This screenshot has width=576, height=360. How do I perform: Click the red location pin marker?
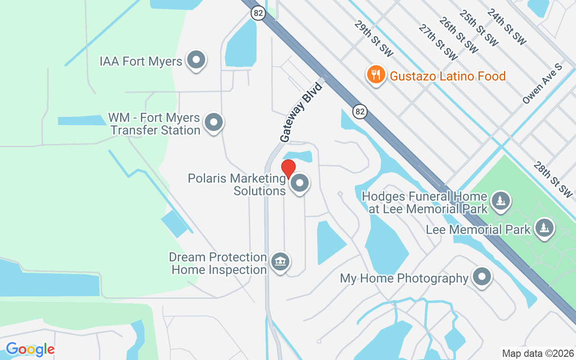point(288,168)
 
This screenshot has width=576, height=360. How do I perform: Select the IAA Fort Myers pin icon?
point(196,60)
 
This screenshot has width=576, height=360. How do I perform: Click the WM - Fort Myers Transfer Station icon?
point(214,122)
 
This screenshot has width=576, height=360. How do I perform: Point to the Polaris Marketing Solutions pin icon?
point(299,183)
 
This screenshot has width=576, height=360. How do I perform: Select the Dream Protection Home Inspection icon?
point(280,261)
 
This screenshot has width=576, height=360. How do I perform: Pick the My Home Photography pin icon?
point(482,277)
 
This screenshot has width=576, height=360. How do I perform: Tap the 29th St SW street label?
point(373,38)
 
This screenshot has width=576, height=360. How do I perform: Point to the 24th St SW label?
point(506,27)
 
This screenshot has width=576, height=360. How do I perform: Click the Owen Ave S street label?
point(543,84)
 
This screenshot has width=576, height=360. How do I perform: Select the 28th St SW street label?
point(553,179)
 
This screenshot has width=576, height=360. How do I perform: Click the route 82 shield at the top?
point(258,13)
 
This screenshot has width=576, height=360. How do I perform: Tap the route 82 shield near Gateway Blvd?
point(360,112)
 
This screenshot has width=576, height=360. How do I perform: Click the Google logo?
point(30,349)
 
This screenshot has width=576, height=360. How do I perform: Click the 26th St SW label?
point(459,34)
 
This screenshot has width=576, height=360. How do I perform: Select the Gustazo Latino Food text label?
point(448,76)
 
